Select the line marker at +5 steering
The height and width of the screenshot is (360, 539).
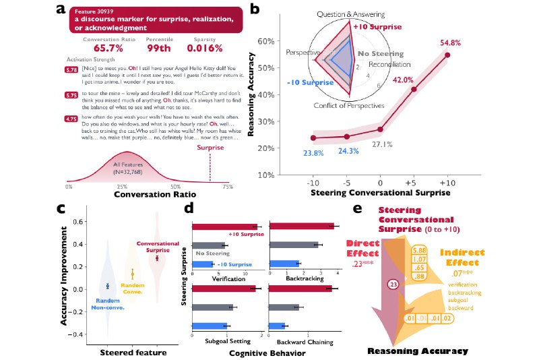pyautogui.click(x=414, y=89)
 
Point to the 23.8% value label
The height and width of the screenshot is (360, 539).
pyautogui.click(x=312, y=154)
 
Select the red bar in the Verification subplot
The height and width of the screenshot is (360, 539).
pyautogui.click(x=225, y=227)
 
